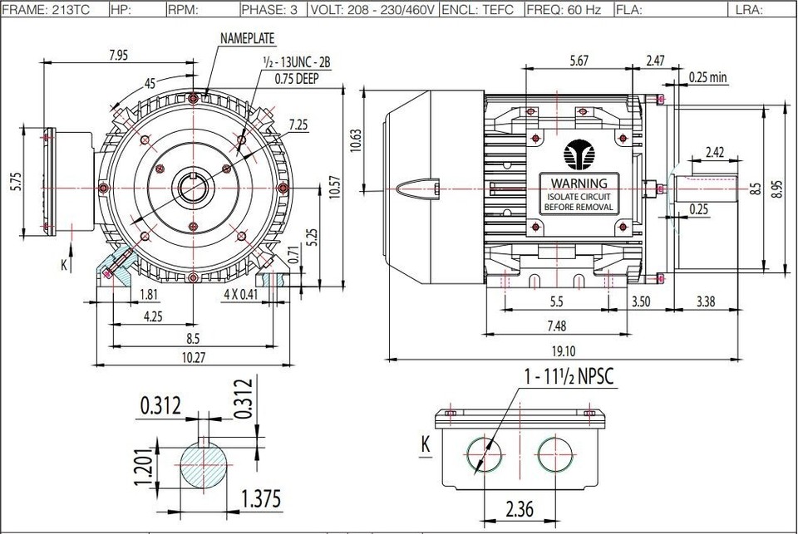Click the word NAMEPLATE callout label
pyautogui.click(x=248, y=38)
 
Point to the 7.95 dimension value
pyautogui.click(x=119, y=55)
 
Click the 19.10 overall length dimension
pyautogui.click(x=563, y=350)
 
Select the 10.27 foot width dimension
pyautogui.click(x=194, y=357)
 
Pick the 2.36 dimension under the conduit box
pyautogui.click(x=520, y=507)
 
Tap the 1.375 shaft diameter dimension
pyautogui.click(x=260, y=498)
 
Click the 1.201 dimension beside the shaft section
pyautogui.click(x=145, y=467)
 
